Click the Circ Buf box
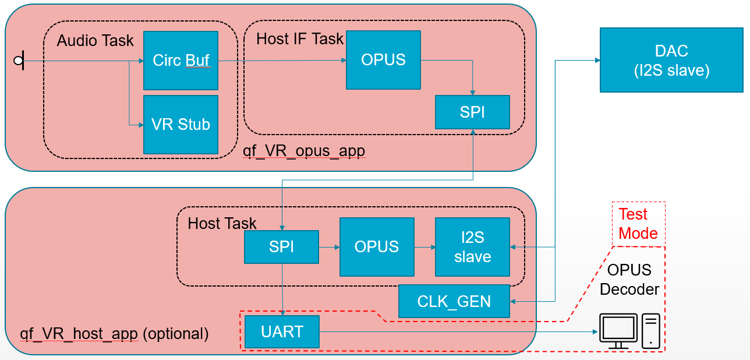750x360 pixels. tap(181, 61)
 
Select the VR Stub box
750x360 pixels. tap(181, 125)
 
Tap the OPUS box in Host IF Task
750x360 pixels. tap(383, 60)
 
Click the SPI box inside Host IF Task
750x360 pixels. tap(472, 112)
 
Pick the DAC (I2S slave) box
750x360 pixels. tap(671, 60)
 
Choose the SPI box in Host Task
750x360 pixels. tap(282, 247)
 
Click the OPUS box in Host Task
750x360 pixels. tap(377, 247)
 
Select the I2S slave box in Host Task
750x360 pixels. tap(472, 247)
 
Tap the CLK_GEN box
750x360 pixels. tap(454, 301)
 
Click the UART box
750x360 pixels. tap(282, 331)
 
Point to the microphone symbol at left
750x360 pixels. tap(19, 61)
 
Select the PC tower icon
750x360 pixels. tap(651, 331)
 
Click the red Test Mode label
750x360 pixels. tap(638, 223)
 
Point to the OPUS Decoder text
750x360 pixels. tap(629, 279)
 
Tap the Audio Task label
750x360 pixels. tap(95, 41)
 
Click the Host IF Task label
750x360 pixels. tap(300, 39)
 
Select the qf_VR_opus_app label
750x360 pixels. tap(304, 151)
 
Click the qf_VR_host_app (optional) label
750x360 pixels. tap(114, 334)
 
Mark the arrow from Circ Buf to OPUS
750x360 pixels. tap(282, 61)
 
